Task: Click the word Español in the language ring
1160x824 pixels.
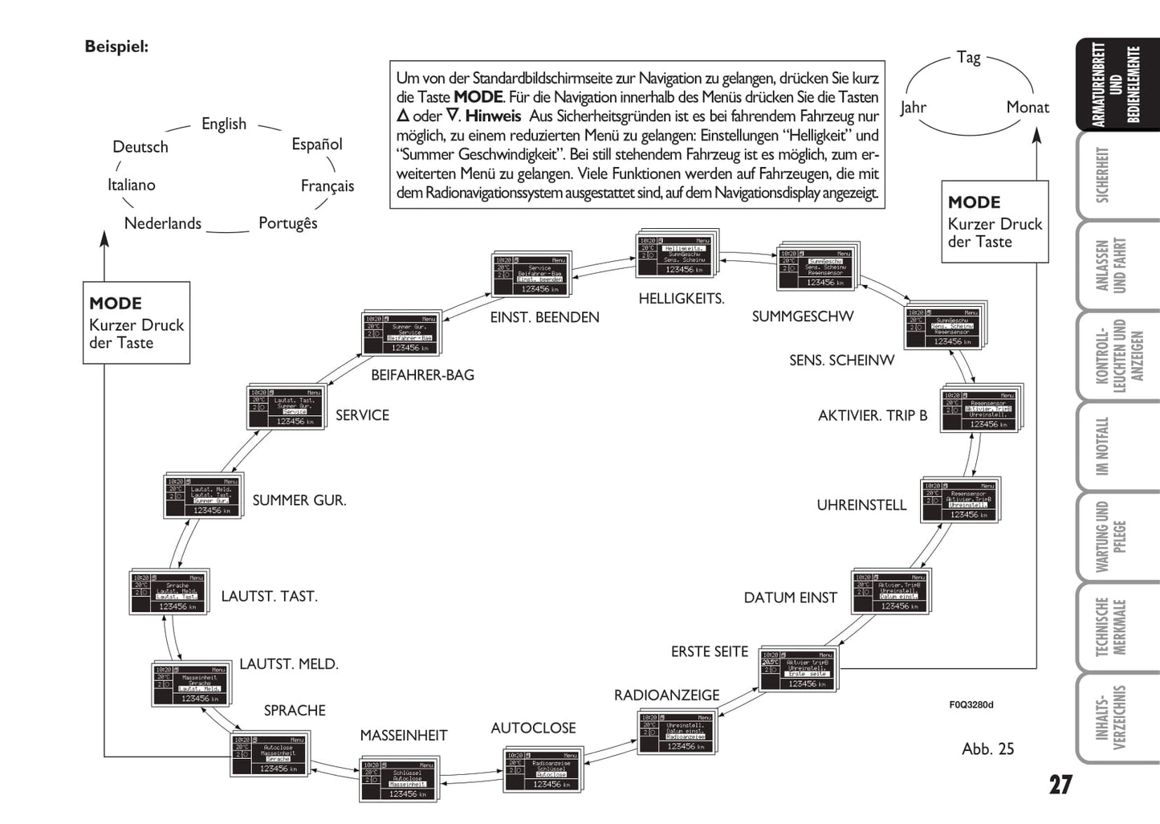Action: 316,145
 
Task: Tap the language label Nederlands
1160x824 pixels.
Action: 162,223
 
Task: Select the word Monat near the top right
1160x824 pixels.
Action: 1028,108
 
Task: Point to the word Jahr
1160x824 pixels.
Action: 913,108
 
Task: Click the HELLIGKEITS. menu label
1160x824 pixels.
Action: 681,299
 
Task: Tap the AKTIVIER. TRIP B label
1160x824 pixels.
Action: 873,415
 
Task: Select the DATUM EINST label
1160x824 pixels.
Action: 790,598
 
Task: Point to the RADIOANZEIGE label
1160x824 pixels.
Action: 666,696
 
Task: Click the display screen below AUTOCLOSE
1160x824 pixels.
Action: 542,770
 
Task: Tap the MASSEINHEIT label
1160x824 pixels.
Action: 403,736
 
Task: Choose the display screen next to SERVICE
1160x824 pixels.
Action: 286,408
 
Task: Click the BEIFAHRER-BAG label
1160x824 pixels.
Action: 422,375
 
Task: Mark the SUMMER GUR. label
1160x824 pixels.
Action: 299,500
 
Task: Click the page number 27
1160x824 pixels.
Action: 1060,785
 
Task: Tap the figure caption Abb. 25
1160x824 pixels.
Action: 987,749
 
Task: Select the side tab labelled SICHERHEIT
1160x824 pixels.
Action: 1102,175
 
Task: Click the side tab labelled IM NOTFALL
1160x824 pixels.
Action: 1102,446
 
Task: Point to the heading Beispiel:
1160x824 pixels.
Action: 116,47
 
